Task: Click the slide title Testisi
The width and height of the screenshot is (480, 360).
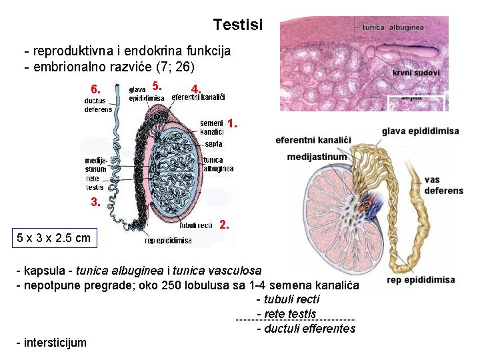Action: tap(238, 25)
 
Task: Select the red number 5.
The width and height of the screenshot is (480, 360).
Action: tap(156, 86)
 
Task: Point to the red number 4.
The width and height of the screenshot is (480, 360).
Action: tap(195, 89)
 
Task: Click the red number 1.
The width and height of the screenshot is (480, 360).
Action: tap(231, 124)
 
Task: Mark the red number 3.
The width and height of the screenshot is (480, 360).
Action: tap(96, 203)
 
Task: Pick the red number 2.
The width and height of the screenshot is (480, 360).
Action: tap(225, 225)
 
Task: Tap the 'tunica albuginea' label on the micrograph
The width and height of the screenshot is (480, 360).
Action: tap(393, 27)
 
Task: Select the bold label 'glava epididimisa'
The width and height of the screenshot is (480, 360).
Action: tap(420, 131)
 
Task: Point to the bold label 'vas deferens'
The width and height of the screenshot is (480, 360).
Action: tap(443, 185)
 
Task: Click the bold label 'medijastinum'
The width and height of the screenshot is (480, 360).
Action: tap(317, 157)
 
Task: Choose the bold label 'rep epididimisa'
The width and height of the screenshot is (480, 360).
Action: tap(421, 280)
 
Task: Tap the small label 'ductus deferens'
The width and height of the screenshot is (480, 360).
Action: tap(98, 105)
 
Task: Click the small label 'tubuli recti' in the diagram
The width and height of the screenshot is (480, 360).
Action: tap(196, 225)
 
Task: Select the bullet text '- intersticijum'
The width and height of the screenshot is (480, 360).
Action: tap(51, 343)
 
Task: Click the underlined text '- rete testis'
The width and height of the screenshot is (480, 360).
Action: tap(286, 314)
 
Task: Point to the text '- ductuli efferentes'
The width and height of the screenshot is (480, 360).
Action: tap(306, 329)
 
